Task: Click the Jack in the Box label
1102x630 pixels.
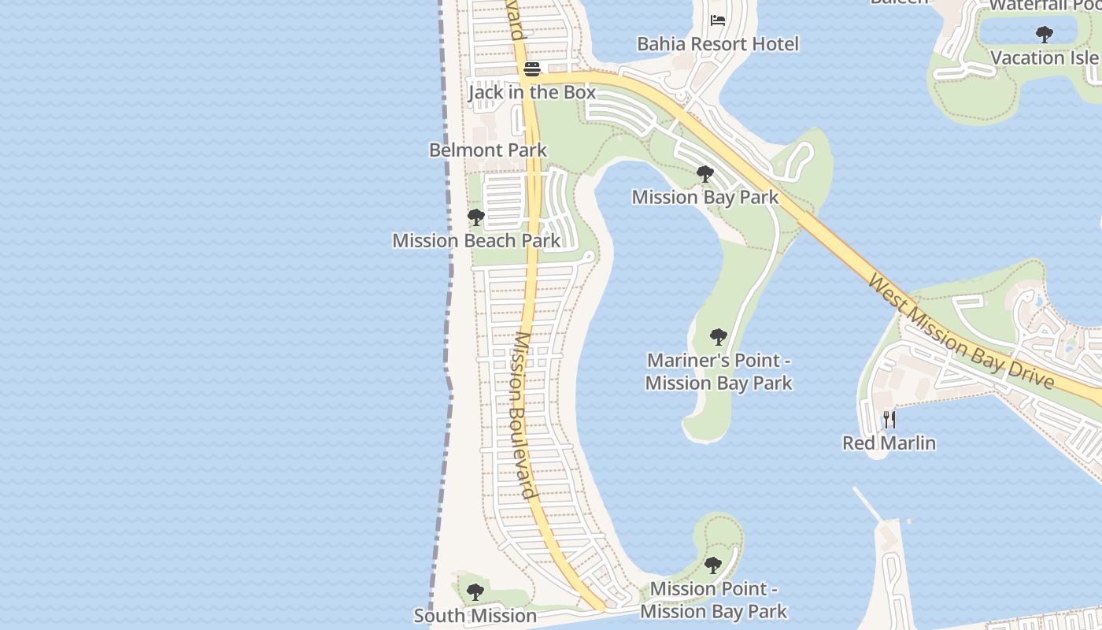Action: [532, 92]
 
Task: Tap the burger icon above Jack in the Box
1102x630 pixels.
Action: [532, 69]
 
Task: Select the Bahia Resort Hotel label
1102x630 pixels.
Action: [718, 44]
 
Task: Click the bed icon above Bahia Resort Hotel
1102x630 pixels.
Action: [718, 20]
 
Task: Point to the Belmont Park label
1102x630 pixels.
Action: [488, 150]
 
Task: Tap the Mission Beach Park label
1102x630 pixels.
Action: [476, 240]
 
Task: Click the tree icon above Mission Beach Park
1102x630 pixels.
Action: [475, 217]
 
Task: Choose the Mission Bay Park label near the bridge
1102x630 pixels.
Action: [705, 197]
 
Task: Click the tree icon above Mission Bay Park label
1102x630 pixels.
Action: [705, 174]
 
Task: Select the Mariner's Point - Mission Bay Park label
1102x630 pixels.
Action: [719, 372]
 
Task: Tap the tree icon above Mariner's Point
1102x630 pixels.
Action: [718, 337]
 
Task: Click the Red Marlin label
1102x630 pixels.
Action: [889, 443]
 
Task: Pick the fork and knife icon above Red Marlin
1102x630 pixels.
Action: [889, 420]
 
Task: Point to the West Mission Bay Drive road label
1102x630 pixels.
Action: [960, 331]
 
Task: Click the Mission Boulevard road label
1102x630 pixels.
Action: [524, 415]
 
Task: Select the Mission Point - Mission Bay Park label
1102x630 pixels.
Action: [713, 600]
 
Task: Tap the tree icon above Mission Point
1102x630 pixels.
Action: [713, 565]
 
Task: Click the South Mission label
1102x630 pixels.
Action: [475, 616]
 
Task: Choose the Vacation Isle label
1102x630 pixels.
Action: [1045, 57]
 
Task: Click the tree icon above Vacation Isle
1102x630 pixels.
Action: [1045, 35]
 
